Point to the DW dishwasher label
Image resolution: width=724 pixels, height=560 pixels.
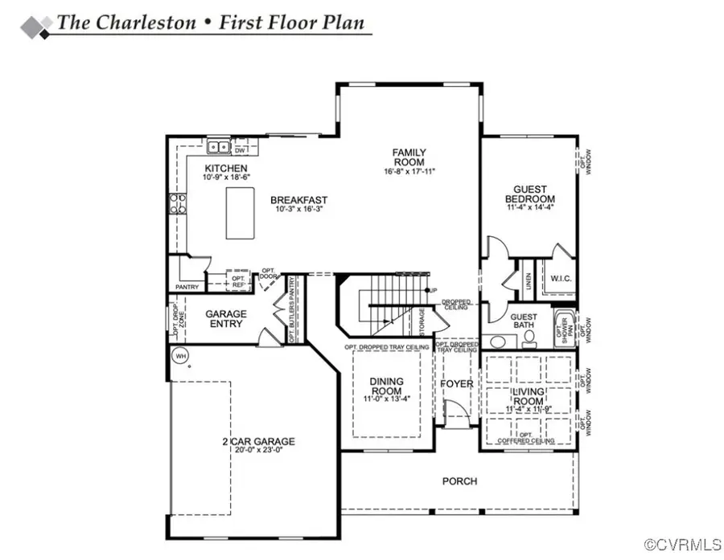point(240,149)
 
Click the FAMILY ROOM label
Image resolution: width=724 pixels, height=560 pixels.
point(409,157)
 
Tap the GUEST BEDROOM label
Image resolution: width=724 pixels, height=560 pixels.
point(529,194)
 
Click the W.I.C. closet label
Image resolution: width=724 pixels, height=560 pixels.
point(561,279)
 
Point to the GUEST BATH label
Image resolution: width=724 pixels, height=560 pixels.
point(524,321)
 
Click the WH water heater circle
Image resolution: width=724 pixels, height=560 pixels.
point(180,354)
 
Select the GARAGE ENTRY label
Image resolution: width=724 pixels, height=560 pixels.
point(226,318)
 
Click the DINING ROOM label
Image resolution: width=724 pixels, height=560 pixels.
point(386,386)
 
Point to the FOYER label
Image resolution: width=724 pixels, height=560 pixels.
point(457,384)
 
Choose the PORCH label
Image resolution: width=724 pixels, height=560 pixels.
point(459,481)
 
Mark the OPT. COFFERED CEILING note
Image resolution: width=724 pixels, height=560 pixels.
point(527,439)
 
